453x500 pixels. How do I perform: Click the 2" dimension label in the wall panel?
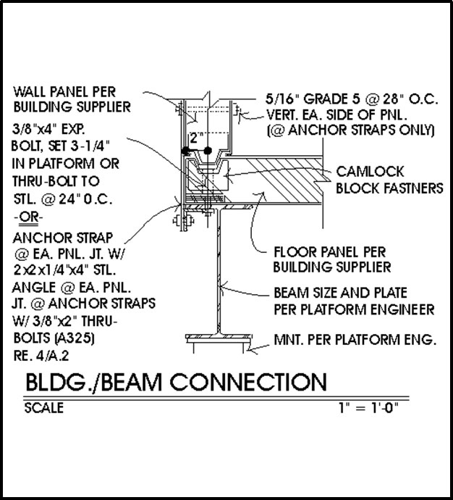click(196, 138)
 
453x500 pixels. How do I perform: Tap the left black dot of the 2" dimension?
click(185, 151)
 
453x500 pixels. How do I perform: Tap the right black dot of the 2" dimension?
click(208, 151)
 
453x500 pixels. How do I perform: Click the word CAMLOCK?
click(370, 172)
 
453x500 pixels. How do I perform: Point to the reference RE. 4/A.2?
click(41, 356)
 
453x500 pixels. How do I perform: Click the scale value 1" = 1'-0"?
click(368, 407)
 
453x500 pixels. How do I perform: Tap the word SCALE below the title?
click(44, 408)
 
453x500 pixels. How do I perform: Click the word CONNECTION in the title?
click(248, 382)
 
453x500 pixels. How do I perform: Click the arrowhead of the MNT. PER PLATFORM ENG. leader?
click(250, 350)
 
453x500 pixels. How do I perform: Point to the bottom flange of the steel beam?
click(219, 337)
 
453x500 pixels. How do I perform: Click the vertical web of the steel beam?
click(219, 271)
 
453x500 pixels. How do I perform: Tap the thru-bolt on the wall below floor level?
click(183, 220)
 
